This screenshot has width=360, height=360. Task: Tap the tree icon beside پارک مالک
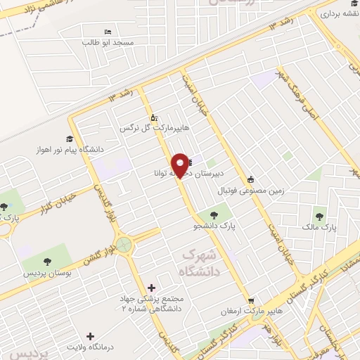(x=321, y=217)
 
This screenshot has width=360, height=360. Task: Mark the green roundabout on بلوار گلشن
(x=124, y=245)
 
